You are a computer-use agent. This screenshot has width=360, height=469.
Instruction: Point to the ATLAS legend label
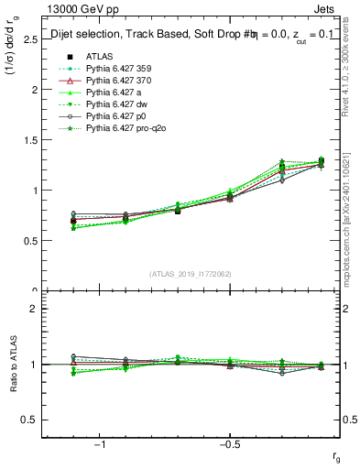click(99, 57)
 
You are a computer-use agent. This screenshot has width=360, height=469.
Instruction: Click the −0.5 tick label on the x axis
click(229, 443)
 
